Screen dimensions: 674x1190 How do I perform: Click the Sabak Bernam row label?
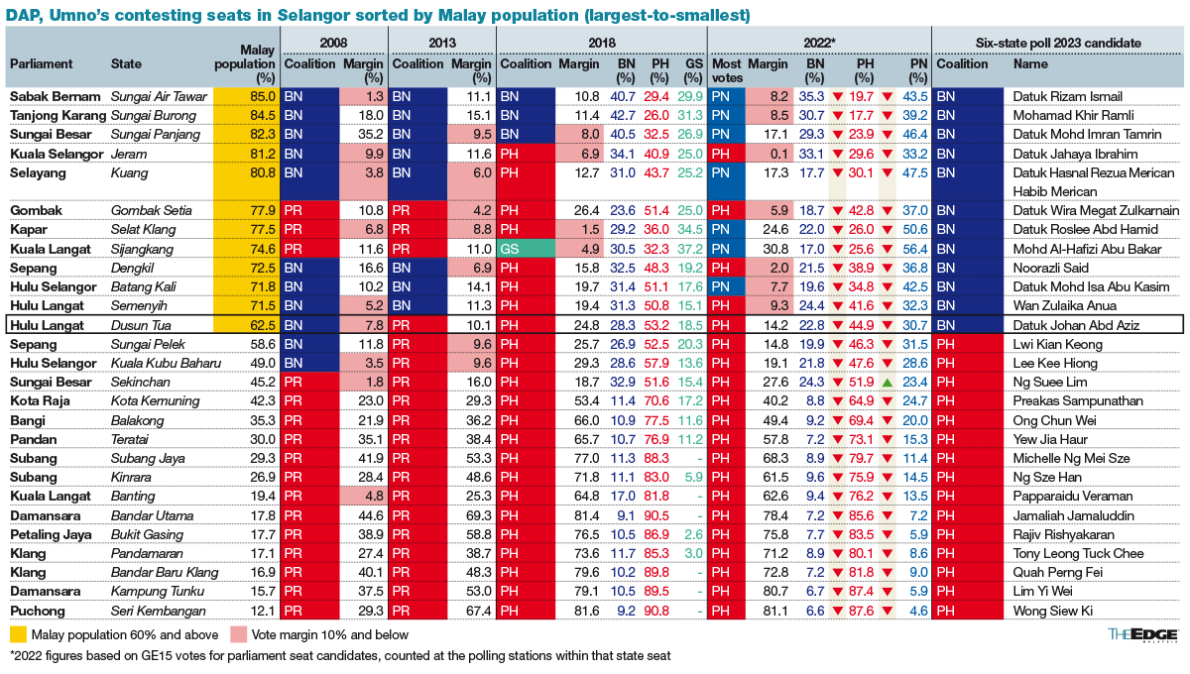(56, 97)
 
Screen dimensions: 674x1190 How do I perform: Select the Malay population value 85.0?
(263, 97)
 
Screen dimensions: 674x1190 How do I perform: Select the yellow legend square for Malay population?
(17, 634)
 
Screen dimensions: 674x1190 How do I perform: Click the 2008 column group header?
(333, 44)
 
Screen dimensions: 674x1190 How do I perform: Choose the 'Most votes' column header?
(727, 69)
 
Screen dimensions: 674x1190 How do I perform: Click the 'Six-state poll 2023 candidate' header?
(1059, 44)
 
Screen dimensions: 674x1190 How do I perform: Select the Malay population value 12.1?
(263, 611)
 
